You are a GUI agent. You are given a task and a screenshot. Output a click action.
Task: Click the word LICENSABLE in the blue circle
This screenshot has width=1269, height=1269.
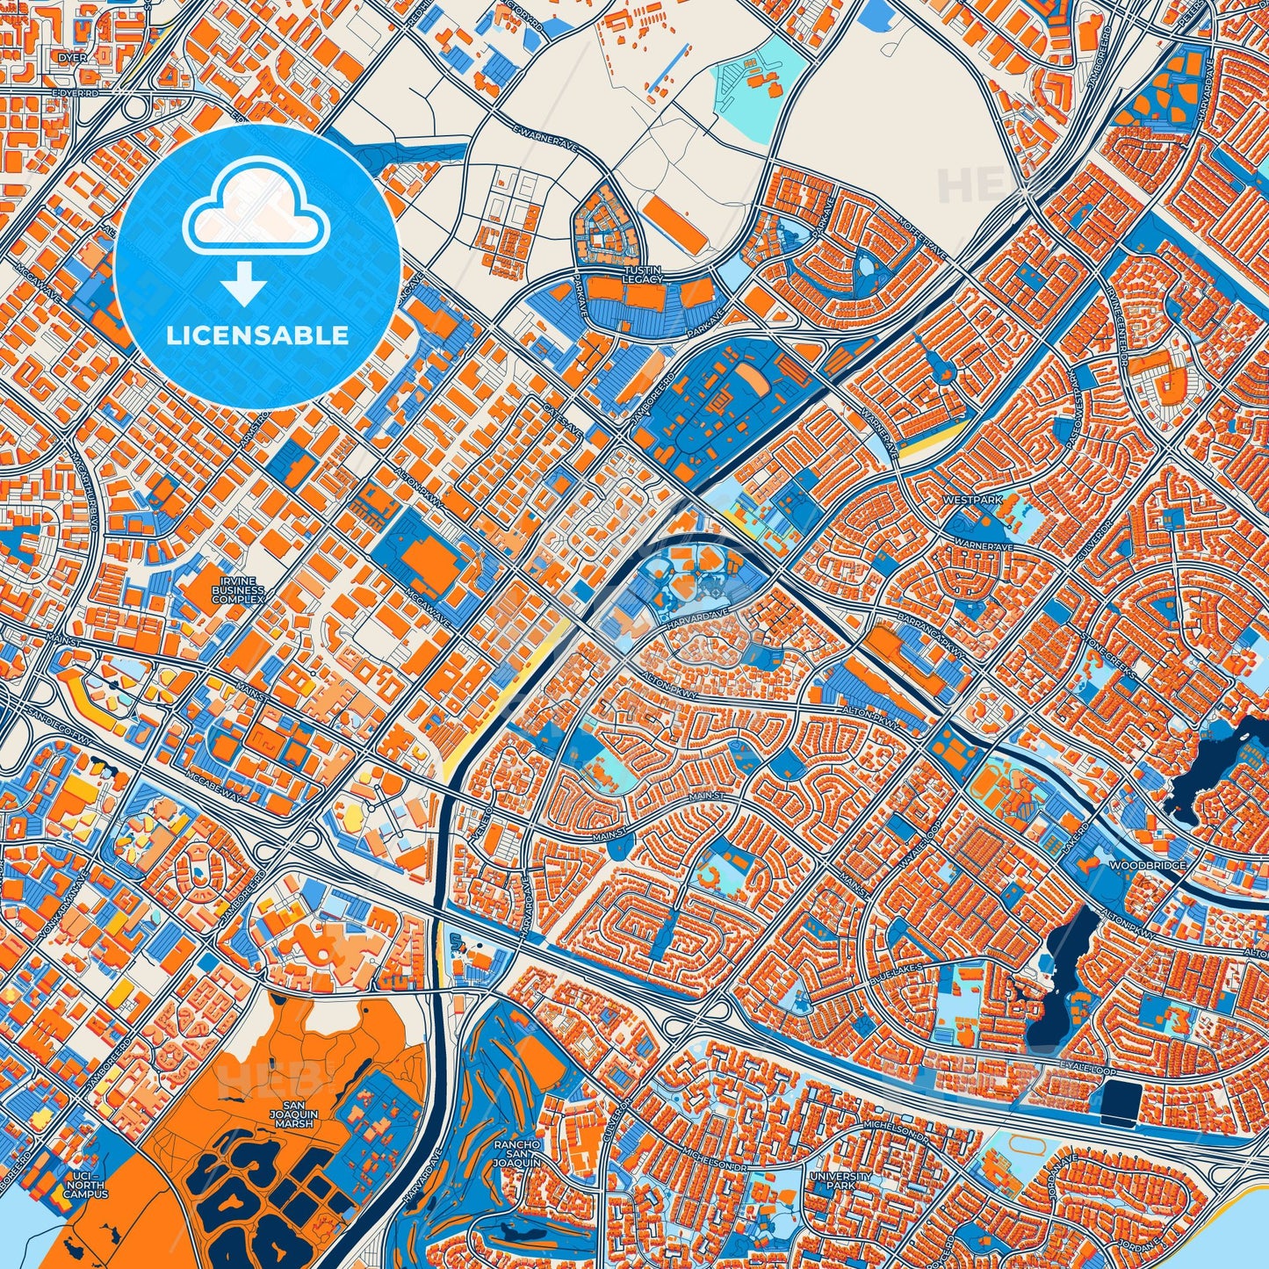(x=256, y=335)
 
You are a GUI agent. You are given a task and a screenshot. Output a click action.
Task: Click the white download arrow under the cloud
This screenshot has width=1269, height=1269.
(x=245, y=285)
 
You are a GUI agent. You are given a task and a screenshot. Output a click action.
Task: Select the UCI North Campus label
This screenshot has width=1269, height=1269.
(x=85, y=1186)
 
